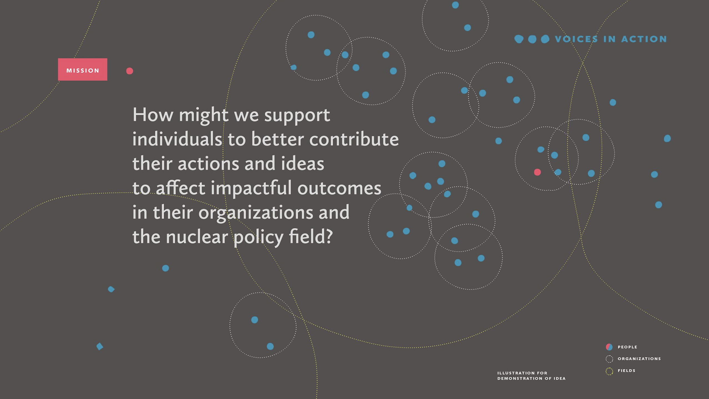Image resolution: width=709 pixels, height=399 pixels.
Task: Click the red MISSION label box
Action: point(82,69)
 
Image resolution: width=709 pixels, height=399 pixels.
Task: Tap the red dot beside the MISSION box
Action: point(130,71)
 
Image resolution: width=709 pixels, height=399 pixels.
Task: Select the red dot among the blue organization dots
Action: point(537,172)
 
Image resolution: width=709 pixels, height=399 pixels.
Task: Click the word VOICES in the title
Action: point(576,39)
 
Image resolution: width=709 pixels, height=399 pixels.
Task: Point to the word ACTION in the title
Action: point(644,39)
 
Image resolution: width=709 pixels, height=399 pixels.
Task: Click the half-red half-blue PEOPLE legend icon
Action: point(609,347)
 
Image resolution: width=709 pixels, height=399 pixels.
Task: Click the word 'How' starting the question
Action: point(153,115)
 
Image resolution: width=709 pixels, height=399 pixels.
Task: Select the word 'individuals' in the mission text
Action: point(177,139)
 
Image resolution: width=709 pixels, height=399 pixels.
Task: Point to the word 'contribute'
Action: point(354,139)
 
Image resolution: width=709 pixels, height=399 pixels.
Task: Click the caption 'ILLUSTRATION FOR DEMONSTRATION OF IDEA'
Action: point(531,376)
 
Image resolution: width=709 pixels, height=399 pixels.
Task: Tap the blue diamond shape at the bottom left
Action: point(100,346)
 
